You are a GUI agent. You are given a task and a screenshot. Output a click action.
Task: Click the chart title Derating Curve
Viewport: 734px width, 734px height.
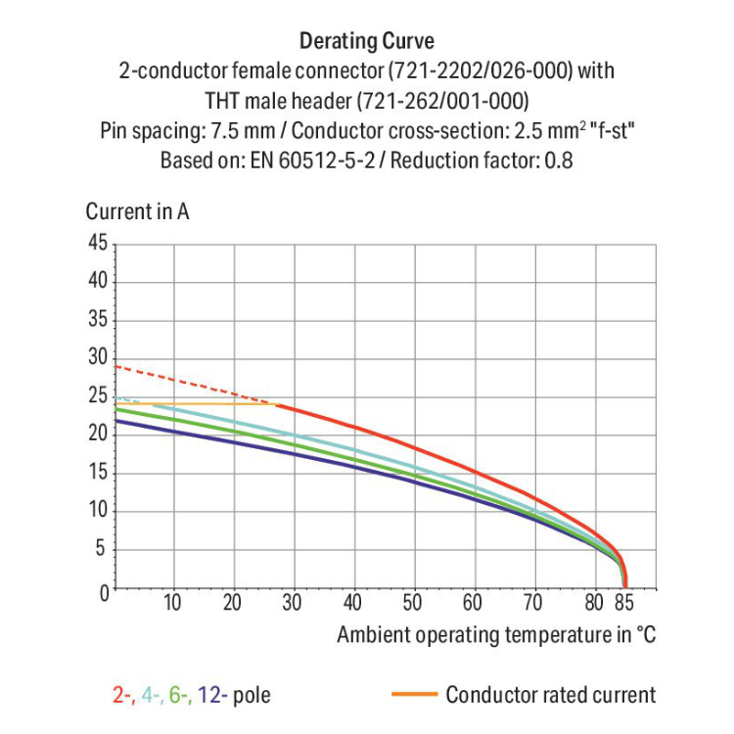[367, 41]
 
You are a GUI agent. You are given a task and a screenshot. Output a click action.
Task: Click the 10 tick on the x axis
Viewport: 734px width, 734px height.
[173, 603]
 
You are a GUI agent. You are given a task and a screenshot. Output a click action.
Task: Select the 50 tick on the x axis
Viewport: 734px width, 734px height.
[413, 603]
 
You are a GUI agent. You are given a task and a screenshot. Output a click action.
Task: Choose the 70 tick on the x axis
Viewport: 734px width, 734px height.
[533, 603]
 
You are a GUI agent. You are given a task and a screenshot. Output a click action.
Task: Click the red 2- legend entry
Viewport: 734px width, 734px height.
[123, 696]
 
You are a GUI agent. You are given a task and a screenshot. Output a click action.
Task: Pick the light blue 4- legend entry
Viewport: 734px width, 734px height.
[151, 696]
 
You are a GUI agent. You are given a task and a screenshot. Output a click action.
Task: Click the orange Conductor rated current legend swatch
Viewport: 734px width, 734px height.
[412, 696]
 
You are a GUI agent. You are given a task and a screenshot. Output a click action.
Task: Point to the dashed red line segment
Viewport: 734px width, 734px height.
[196, 385]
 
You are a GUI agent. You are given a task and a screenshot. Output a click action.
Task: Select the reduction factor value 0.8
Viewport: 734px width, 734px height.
[559, 161]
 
